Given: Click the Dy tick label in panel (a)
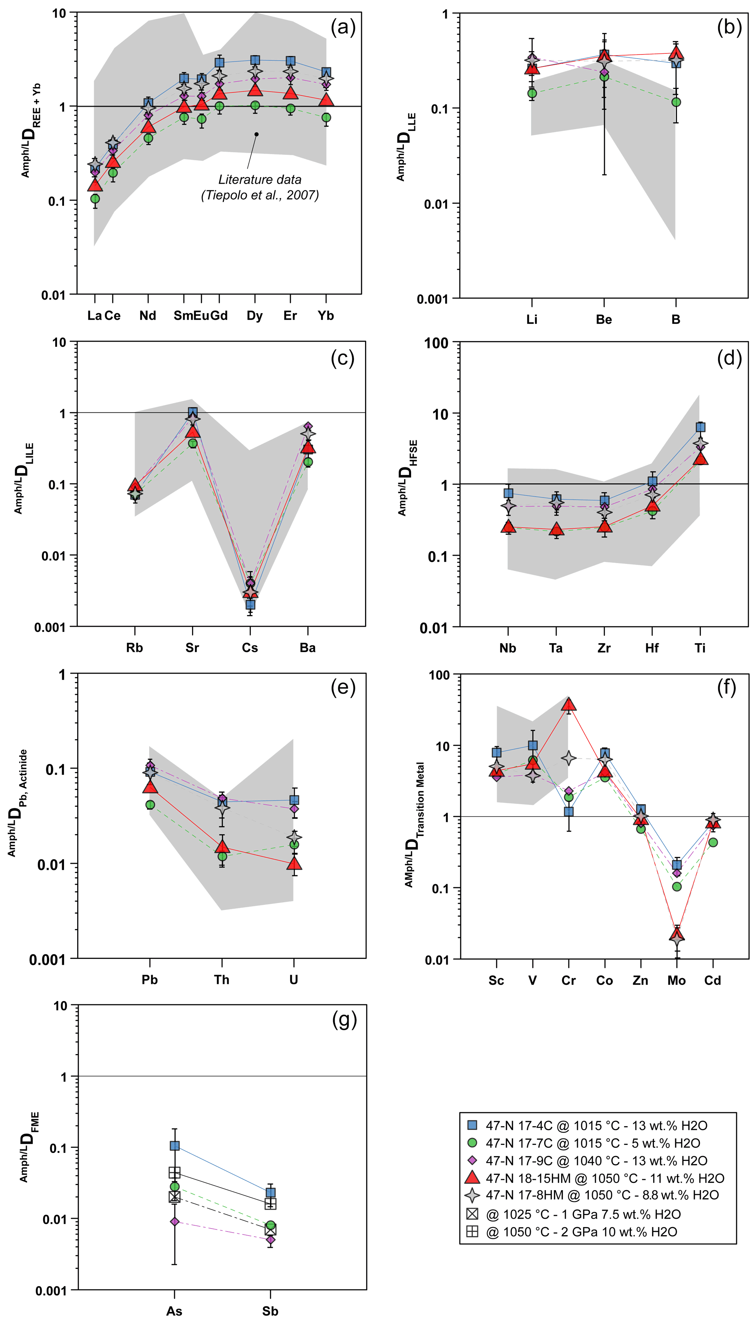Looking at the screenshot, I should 255,316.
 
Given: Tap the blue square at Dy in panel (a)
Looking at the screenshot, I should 255,61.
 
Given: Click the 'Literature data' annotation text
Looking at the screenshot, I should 260,180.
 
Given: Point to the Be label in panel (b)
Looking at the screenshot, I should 604,319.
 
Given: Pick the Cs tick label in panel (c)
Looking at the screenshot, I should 250,648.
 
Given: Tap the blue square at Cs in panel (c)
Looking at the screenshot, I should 250,605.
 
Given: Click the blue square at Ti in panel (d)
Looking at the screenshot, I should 700,427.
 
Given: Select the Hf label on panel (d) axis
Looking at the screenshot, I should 652,648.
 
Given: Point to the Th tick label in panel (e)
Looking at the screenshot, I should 222,980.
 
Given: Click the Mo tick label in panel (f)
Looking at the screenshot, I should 677,981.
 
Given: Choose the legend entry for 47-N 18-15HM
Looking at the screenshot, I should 597,1178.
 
